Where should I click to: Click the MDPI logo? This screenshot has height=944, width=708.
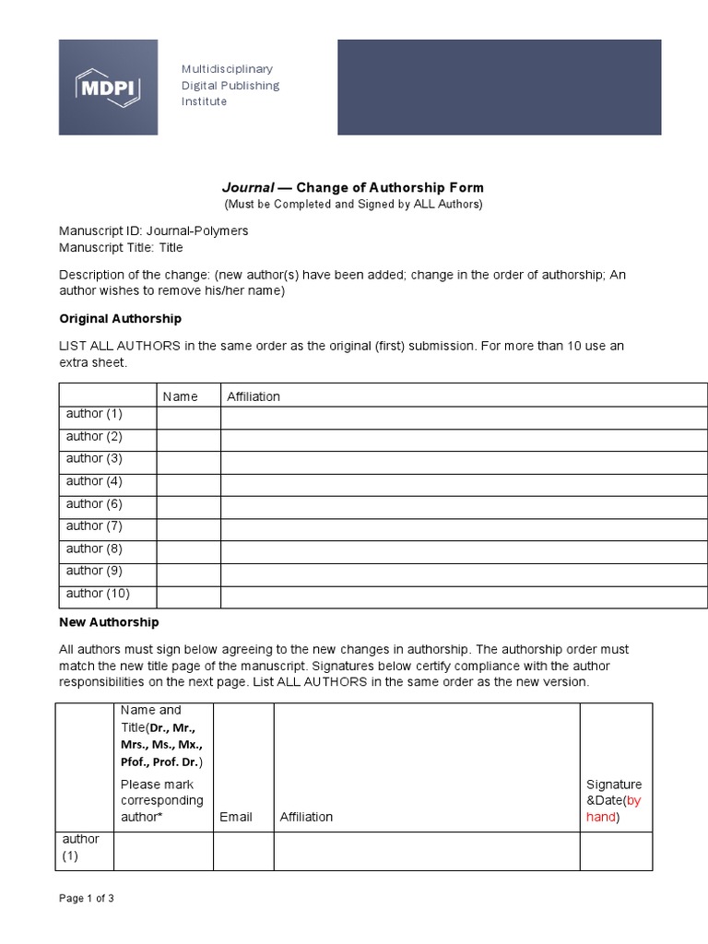click(x=108, y=87)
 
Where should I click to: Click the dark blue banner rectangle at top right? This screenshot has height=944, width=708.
click(x=499, y=87)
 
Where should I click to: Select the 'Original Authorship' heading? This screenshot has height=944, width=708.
click(x=120, y=318)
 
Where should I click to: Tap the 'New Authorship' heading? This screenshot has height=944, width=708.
click(x=109, y=622)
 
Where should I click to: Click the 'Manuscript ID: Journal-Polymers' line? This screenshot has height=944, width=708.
click(x=153, y=230)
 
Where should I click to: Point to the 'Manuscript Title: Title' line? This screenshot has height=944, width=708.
click(x=121, y=247)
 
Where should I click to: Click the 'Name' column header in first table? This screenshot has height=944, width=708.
click(x=180, y=396)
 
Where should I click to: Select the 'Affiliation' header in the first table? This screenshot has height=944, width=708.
click(x=254, y=396)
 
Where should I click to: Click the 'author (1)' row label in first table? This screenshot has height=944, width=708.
click(x=94, y=414)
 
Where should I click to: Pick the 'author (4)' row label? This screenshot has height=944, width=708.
click(x=94, y=481)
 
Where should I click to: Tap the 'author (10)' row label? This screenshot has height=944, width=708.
click(x=98, y=593)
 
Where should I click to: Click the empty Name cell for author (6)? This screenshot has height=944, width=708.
click(x=188, y=505)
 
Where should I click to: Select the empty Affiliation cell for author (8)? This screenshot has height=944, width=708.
click(x=464, y=550)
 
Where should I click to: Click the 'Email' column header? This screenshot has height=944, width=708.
click(x=236, y=817)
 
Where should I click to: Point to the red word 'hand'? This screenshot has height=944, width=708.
click(x=600, y=817)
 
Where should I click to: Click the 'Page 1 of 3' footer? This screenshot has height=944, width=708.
click(x=87, y=898)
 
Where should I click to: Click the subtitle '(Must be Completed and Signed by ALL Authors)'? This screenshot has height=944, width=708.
click(x=353, y=204)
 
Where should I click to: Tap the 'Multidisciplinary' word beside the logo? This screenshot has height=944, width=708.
click(x=227, y=69)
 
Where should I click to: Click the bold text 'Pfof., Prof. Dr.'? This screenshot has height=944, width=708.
click(x=160, y=761)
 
